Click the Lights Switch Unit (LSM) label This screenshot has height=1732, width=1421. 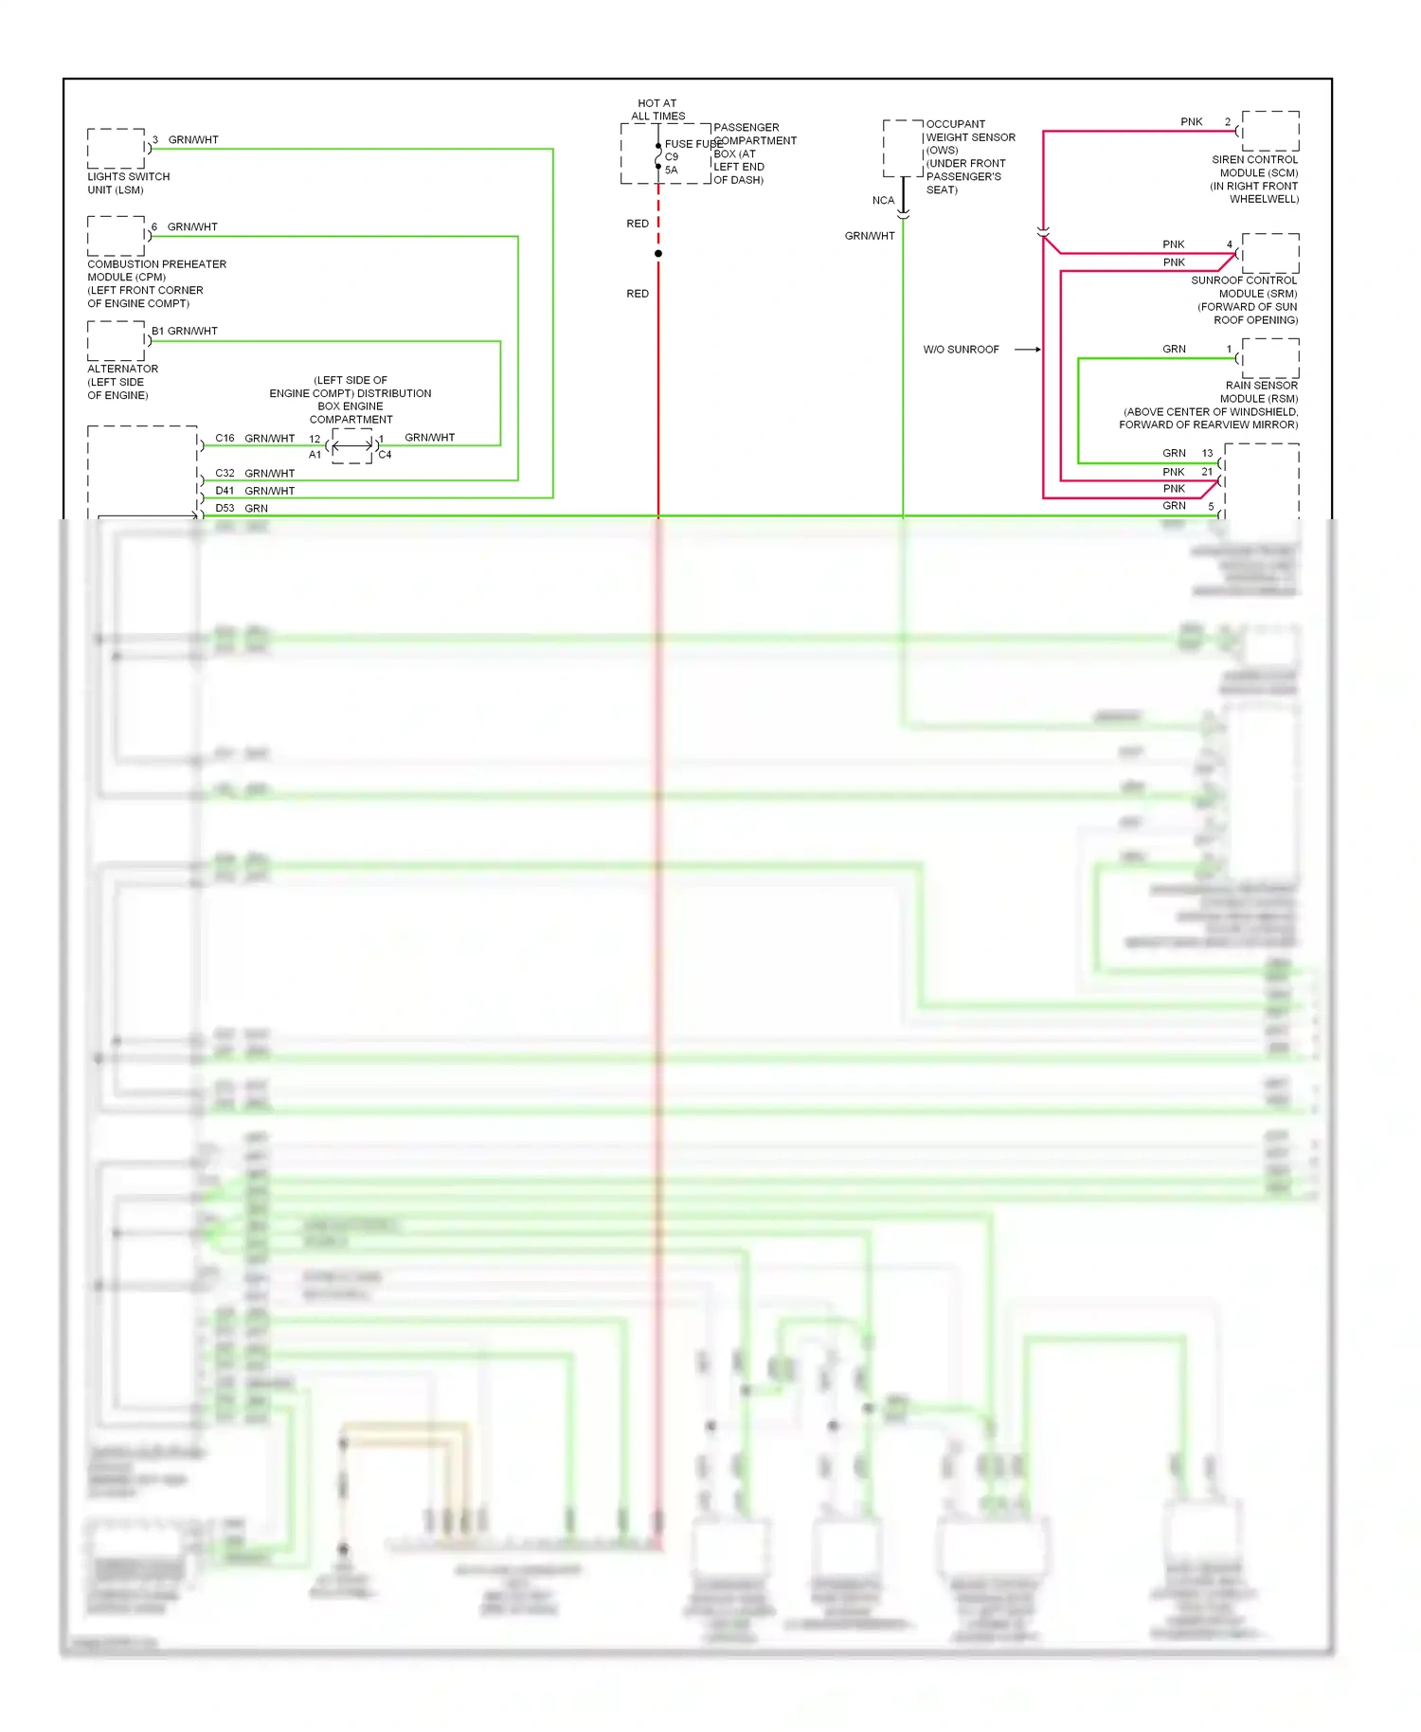128,183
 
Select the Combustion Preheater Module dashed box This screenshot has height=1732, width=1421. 117,236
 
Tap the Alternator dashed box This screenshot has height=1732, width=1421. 117,340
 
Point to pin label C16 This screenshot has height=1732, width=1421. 225,438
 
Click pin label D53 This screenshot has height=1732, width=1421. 225,508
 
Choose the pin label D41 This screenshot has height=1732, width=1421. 225,491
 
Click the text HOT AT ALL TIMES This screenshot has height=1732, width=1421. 657,110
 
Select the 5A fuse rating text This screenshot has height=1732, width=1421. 671,171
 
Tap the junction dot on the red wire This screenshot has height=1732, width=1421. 658,254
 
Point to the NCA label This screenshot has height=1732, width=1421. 883,201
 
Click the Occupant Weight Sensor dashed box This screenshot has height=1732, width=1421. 903,148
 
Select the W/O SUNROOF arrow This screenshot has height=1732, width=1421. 1028,350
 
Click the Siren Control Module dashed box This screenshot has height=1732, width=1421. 1269,131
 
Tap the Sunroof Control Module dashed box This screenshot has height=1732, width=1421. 1269,253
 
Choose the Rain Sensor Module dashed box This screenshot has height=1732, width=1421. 1269,358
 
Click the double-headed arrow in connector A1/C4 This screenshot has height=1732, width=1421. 351,445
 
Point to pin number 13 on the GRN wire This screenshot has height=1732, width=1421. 1207,453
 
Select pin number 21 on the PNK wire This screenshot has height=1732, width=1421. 1207,472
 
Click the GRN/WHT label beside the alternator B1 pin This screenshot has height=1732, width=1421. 192,331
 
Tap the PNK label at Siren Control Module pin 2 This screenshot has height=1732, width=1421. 1191,122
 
